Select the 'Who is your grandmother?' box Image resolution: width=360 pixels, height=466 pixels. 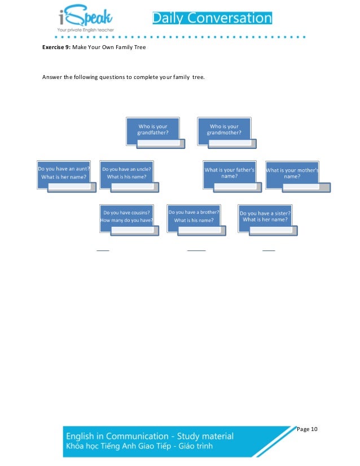(224, 129)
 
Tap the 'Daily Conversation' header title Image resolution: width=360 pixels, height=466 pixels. (212, 18)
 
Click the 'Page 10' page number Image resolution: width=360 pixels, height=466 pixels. (307, 429)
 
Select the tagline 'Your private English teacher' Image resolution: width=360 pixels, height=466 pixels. (85, 29)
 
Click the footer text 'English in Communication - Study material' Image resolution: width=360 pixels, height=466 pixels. (150, 436)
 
